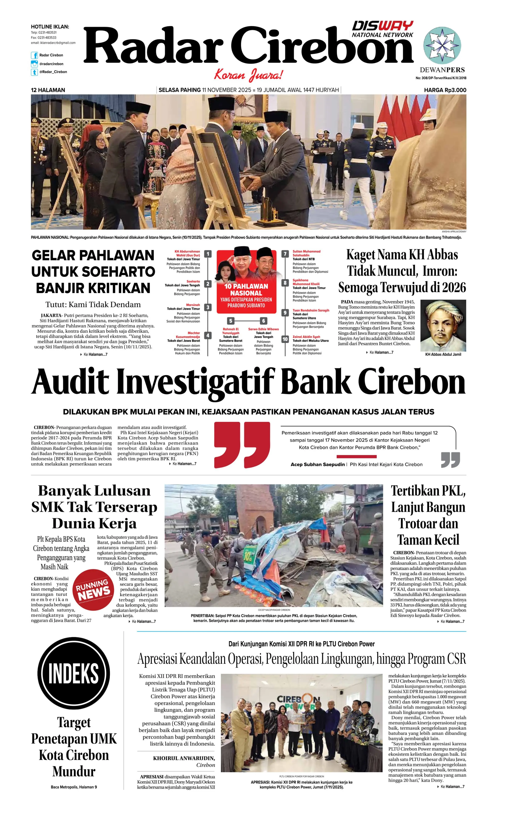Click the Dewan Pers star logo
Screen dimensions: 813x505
tap(442, 45)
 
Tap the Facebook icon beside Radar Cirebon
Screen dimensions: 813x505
tap(34, 55)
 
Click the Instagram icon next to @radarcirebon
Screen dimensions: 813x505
tap(34, 64)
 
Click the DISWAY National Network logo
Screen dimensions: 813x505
tap(383, 29)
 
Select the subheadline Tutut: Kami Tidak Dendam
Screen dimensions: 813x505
tap(93, 304)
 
